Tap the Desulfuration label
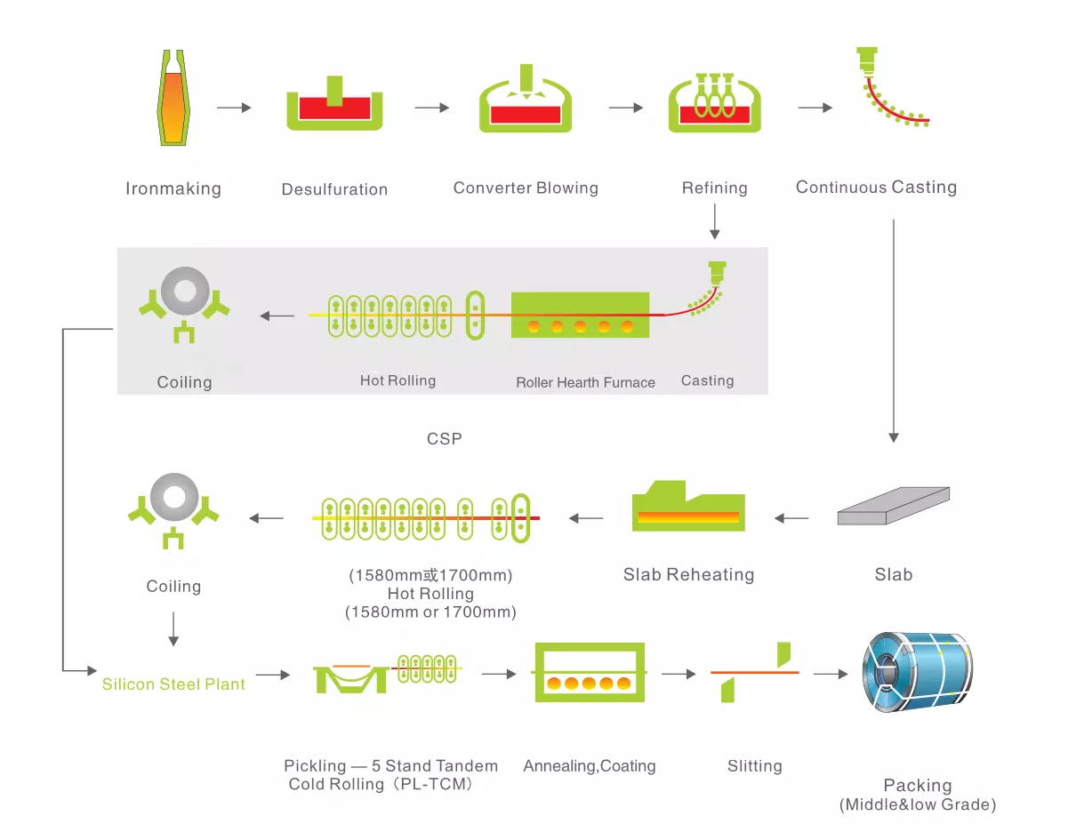coord(334,189)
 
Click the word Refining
coord(714,188)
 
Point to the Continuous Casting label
coord(876,187)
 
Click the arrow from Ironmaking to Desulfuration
coord(234,108)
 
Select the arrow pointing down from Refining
coord(714,221)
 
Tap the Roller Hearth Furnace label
coord(585,382)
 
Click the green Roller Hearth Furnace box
coord(580,315)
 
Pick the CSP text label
coord(445,438)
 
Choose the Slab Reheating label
coord(688,574)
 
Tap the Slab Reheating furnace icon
coord(687,508)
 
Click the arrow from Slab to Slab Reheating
coord(791,518)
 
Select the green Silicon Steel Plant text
coord(173,684)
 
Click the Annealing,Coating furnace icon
coord(588,673)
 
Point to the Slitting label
coord(754,765)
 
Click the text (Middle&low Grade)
coord(917,804)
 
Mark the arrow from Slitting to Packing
coord(831,674)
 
